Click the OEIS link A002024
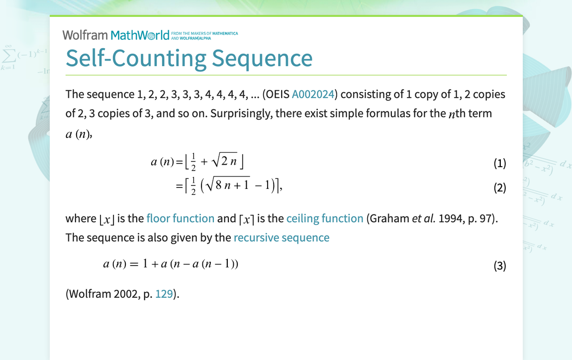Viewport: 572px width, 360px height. (313, 94)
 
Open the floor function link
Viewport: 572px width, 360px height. (180, 218)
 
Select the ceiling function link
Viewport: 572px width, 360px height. (325, 218)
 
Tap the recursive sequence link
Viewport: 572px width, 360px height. (281, 238)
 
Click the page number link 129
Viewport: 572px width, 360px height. (164, 293)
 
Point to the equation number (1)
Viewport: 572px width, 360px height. (500, 163)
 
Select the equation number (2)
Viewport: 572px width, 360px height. (500, 187)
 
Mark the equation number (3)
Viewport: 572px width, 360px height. (500, 266)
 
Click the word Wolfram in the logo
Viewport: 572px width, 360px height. (85, 35)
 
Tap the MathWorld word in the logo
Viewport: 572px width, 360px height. (140, 35)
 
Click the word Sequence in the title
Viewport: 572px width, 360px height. (262, 58)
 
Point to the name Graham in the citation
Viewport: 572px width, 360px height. (389, 218)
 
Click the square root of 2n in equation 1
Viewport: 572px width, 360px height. (224, 160)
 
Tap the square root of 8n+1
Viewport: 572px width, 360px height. (227, 184)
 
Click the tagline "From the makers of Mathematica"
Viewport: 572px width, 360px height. (204, 33)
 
